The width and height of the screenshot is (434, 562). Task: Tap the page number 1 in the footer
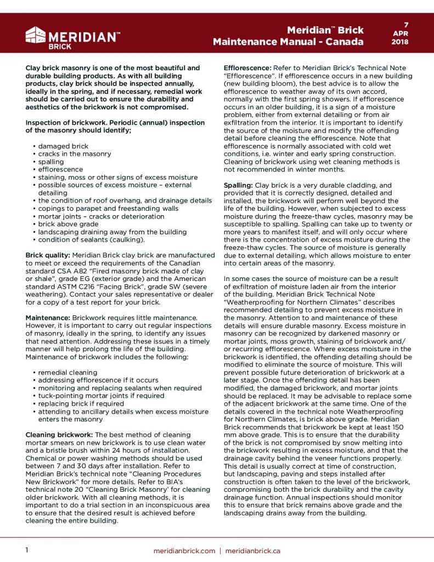27,550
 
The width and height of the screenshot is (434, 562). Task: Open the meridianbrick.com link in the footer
184,550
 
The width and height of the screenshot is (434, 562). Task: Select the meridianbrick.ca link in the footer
253,550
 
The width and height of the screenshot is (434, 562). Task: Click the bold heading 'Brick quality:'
48,255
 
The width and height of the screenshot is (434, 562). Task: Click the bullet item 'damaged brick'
63,147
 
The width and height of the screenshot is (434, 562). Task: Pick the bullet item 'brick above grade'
69,224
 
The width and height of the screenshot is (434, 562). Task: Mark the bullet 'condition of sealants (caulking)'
91,239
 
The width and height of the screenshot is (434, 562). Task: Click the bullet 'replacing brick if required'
81,403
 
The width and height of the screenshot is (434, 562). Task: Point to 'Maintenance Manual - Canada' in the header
288,42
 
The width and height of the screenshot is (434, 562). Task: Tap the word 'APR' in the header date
407,33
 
